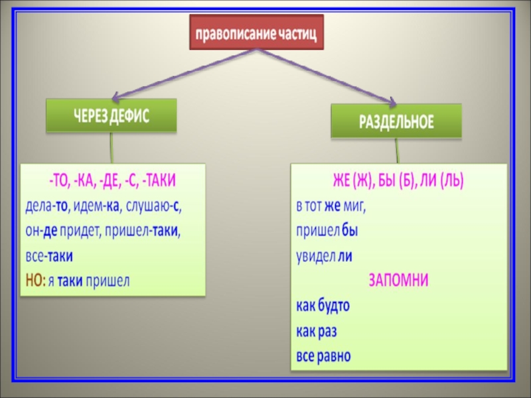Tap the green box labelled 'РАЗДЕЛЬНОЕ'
(396, 121)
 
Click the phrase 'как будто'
(323, 306)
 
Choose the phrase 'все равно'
(323, 355)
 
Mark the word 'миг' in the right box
(355, 206)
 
